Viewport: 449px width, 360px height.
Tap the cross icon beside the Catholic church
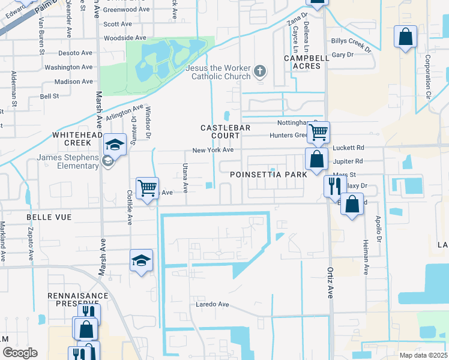click(x=260, y=72)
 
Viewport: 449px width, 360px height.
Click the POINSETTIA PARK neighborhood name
click(x=268, y=173)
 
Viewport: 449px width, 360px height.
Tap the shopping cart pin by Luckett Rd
click(x=318, y=131)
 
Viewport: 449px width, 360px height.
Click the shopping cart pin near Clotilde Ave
click(x=147, y=188)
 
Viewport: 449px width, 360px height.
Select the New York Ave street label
click(x=212, y=150)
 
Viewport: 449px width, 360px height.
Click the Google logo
click(x=19, y=353)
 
